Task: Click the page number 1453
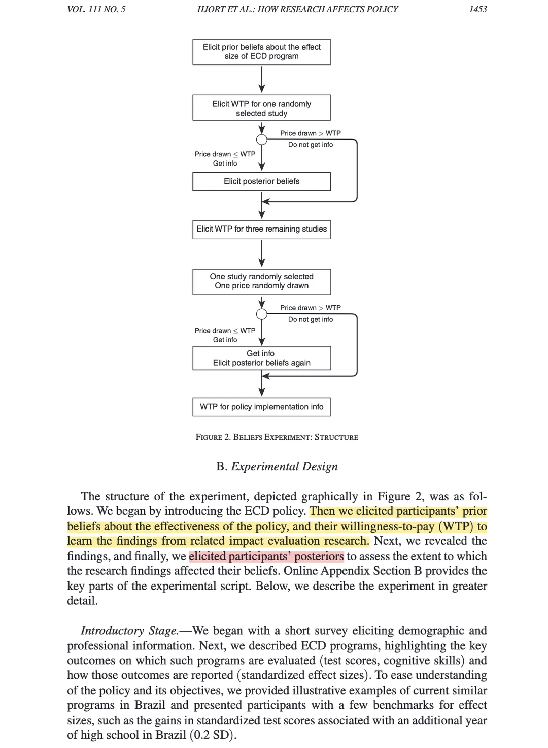coord(477,9)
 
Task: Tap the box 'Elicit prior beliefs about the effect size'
coord(261,52)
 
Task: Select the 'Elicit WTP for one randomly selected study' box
coord(261,108)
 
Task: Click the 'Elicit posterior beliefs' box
coord(261,181)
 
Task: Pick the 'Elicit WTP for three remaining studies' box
coord(261,229)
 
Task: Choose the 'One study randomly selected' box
coord(261,281)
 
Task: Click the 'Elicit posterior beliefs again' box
coord(261,358)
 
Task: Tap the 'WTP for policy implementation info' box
coord(261,407)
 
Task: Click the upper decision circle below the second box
coord(262,140)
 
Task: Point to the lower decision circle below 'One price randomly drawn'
coord(262,314)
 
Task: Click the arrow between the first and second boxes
coord(262,80)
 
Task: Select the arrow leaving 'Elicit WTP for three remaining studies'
coord(262,253)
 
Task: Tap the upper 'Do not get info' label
coord(311,145)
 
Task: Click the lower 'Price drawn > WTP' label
coord(311,308)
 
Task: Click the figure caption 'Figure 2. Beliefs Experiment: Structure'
coord(277,437)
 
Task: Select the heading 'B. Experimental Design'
coord(277,466)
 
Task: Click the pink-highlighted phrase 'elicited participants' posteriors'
coord(266,556)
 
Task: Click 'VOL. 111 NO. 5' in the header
coord(96,9)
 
